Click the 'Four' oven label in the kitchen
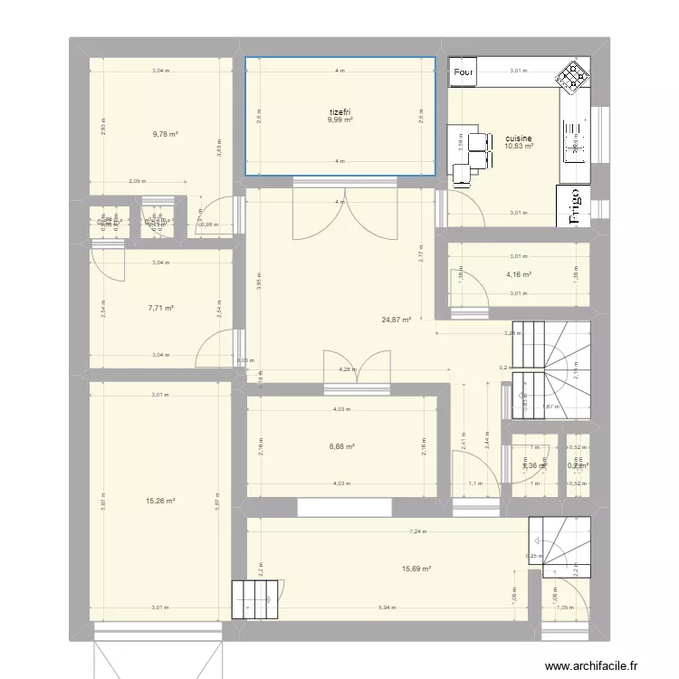[x=464, y=72]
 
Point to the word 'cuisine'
[x=519, y=139]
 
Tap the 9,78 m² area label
[x=166, y=134]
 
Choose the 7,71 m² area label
[x=160, y=308]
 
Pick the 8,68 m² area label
[x=341, y=445]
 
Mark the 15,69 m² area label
[x=416, y=569]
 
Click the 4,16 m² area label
[x=518, y=275]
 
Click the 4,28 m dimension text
[x=346, y=369]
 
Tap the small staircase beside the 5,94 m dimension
[x=252, y=598]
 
